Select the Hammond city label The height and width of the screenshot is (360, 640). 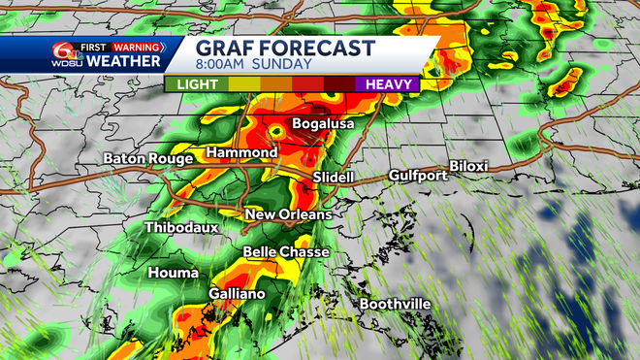tap(241, 153)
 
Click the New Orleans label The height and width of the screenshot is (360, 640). tap(288, 214)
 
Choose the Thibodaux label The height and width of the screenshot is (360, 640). tap(181, 227)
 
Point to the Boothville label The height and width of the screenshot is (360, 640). tap(396, 305)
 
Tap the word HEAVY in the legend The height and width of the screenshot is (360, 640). tap(391, 85)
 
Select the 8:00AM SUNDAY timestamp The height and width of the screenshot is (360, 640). tap(254, 65)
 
